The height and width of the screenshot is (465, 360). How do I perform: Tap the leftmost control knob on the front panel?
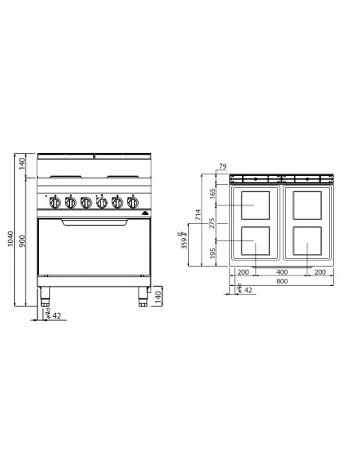54,202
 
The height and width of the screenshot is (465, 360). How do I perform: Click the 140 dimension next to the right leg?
159,298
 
